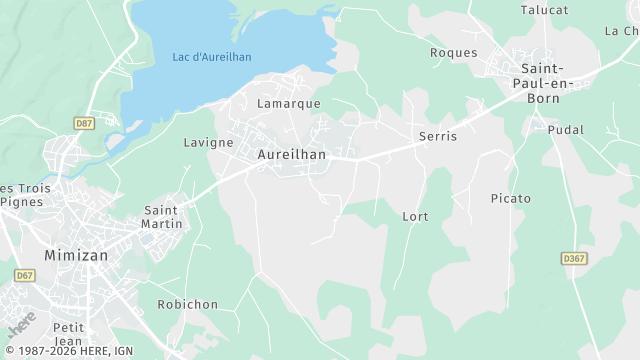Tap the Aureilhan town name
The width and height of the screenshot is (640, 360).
(292, 155)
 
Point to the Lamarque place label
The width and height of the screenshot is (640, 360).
(289, 104)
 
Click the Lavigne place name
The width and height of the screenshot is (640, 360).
(208, 143)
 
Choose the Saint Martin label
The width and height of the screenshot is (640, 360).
(163, 217)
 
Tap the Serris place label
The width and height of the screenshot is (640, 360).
(438, 135)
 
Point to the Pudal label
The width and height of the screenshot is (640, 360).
(565, 130)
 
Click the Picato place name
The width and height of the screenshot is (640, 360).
(511, 198)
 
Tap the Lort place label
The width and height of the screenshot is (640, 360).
(415, 216)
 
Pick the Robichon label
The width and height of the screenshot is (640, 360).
(188, 304)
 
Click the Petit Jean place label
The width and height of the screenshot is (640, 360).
(69, 334)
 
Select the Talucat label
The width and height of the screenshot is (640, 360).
(545, 10)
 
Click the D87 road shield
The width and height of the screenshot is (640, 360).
(84, 123)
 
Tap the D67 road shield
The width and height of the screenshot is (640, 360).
(24, 275)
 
